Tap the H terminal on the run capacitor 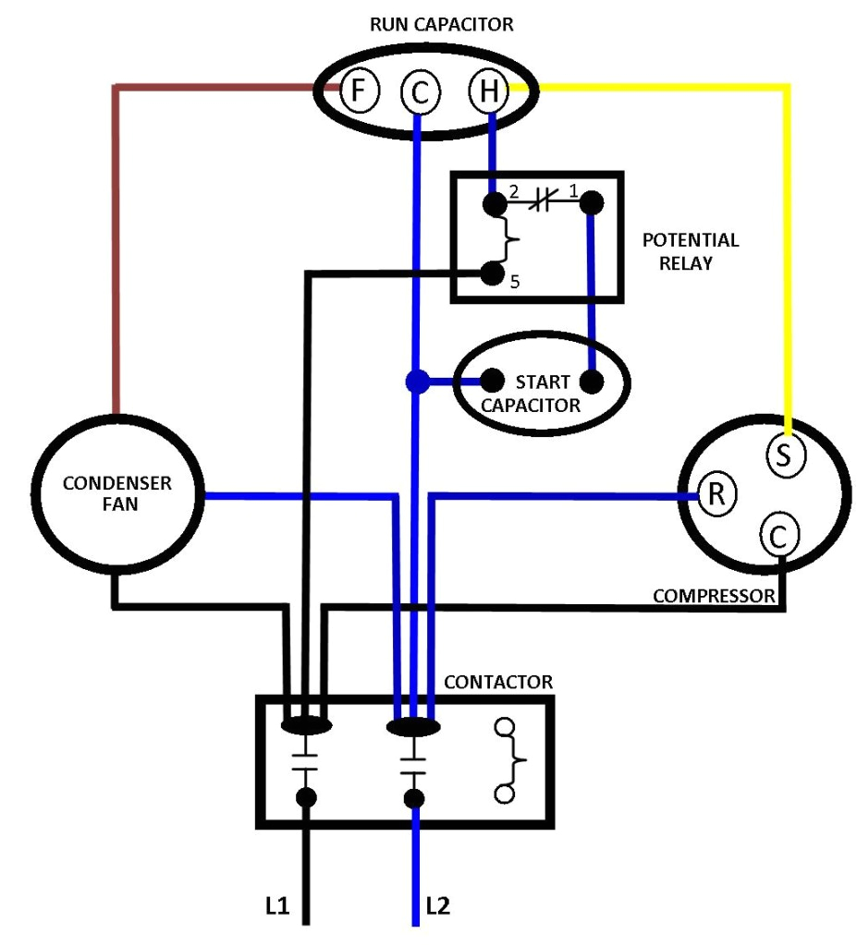click(x=489, y=91)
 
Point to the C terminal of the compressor click(x=778, y=535)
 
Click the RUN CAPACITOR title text click(x=441, y=25)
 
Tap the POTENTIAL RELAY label click(x=691, y=251)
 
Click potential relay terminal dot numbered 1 click(x=591, y=202)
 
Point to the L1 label click(x=276, y=906)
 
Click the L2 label click(x=438, y=906)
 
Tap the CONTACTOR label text click(x=498, y=683)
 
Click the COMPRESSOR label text click(x=713, y=597)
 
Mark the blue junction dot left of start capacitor click(x=418, y=382)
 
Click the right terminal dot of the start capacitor click(x=591, y=381)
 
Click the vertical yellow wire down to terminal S click(x=788, y=259)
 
